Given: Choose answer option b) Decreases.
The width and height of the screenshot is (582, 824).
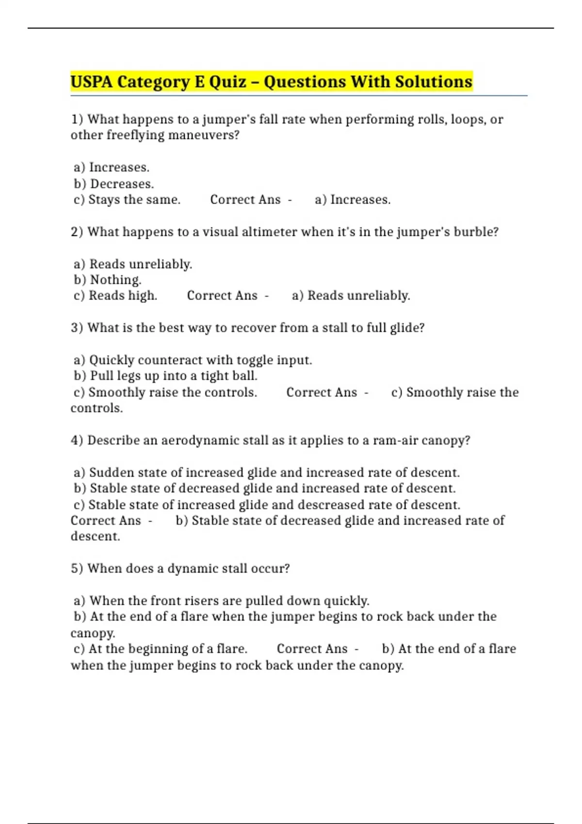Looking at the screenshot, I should click(x=114, y=184).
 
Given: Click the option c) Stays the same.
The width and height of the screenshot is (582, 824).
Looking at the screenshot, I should click(x=127, y=200).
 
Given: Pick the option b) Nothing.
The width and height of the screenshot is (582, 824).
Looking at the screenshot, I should click(x=108, y=280).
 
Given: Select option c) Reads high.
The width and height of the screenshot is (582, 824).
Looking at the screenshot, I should click(x=115, y=296).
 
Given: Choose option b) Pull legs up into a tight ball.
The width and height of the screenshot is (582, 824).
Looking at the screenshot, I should click(x=166, y=376).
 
